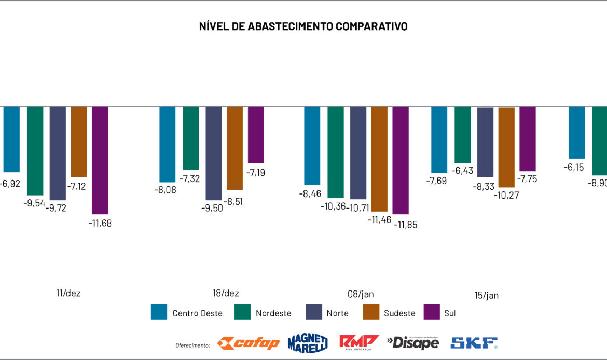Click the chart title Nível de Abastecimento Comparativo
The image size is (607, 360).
click(x=303, y=26)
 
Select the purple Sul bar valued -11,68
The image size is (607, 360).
click(x=100, y=160)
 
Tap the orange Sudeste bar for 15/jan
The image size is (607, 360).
click(x=506, y=147)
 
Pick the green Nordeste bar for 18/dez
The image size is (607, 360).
click(x=191, y=139)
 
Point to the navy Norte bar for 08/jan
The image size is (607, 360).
click(x=358, y=153)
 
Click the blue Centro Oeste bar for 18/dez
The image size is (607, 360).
click(x=167, y=144)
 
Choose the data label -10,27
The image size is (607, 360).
click(x=508, y=195)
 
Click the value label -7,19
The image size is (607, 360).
click(x=256, y=172)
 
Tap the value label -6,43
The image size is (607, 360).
click(x=463, y=171)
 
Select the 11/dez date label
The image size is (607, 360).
click(x=68, y=293)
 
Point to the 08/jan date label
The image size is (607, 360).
click(x=361, y=294)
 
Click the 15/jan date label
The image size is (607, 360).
click(x=486, y=296)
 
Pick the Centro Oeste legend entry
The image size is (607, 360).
click(x=187, y=313)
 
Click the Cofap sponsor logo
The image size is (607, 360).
click(x=249, y=343)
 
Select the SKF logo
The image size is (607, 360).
click(x=474, y=343)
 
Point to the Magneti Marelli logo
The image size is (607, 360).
click(x=308, y=342)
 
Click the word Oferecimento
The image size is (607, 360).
click(x=193, y=345)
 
